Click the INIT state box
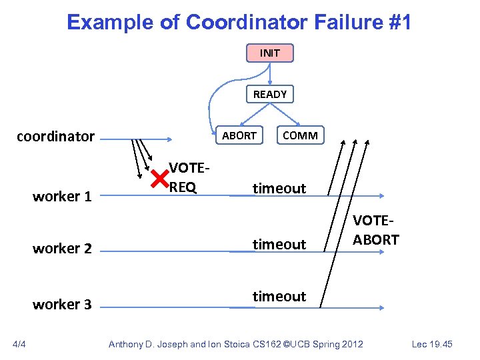click(269, 53)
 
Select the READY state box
click(269, 94)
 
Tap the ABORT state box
click(239, 135)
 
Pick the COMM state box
click(300, 135)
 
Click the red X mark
click(159, 179)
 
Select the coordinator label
click(55, 137)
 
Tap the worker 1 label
click(62, 197)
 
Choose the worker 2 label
click(62, 248)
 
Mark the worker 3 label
click(62, 304)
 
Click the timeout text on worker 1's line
click(279, 189)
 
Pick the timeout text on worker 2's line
click(279, 245)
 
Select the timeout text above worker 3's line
click(279, 296)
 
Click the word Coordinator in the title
click(246, 23)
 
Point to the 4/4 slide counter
click(19, 344)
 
